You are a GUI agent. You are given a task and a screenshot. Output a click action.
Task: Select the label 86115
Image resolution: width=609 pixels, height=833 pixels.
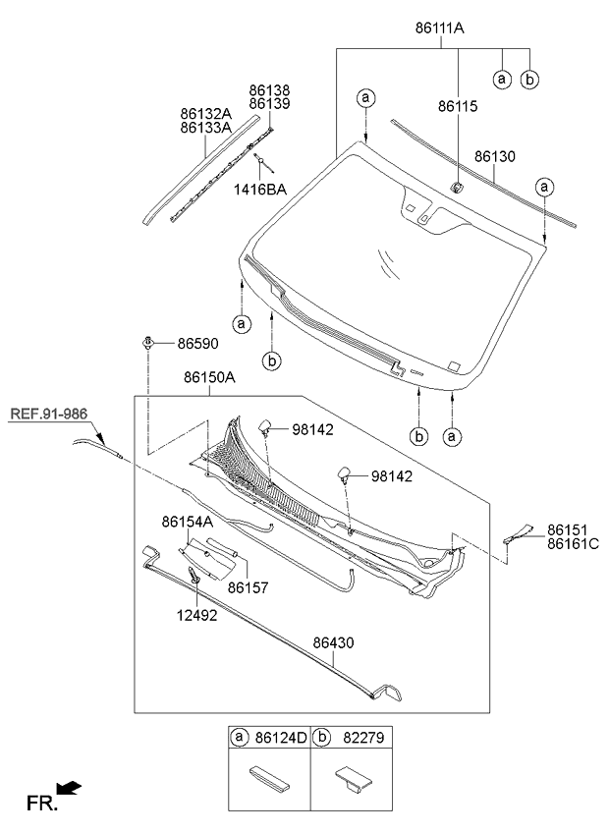pyautogui.click(x=459, y=106)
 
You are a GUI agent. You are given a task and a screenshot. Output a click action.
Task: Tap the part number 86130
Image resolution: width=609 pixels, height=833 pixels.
pyautogui.click(x=495, y=156)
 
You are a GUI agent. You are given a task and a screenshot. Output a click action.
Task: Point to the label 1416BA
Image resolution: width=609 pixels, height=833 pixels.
pyautogui.click(x=260, y=190)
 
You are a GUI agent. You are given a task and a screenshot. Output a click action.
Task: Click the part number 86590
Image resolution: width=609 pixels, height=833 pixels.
pyautogui.click(x=197, y=345)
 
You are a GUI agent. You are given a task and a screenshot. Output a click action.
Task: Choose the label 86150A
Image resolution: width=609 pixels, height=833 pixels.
pyautogui.click(x=208, y=377)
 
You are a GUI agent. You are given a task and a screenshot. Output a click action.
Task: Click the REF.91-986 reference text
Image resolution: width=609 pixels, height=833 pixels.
pyautogui.click(x=49, y=414)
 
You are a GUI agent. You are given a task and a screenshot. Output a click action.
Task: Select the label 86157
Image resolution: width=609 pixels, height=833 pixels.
pyautogui.click(x=248, y=587)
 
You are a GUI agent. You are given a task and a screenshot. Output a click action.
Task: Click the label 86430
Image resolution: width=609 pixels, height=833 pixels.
pyautogui.click(x=333, y=642)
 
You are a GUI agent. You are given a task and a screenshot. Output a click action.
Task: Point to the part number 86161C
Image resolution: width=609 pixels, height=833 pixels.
pyautogui.click(x=573, y=542)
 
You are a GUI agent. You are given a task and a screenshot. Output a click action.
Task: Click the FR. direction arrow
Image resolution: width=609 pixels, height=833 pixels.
pyautogui.click(x=70, y=788)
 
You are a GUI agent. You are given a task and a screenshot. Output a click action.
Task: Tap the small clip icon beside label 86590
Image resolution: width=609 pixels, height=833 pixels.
pyautogui.click(x=147, y=343)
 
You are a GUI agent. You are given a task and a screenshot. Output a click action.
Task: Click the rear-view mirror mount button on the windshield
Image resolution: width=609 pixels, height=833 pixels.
pyautogui.click(x=457, y=186)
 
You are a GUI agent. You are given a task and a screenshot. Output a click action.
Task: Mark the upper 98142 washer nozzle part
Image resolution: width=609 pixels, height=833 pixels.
pyautogui.click(x=265, y=425)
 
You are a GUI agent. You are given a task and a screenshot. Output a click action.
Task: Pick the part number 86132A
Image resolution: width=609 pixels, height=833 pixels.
pyautogui.click(x=204, y=113)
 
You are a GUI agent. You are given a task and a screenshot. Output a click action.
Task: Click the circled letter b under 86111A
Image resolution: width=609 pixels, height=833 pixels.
pyautogui.click(x=529, y=79)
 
